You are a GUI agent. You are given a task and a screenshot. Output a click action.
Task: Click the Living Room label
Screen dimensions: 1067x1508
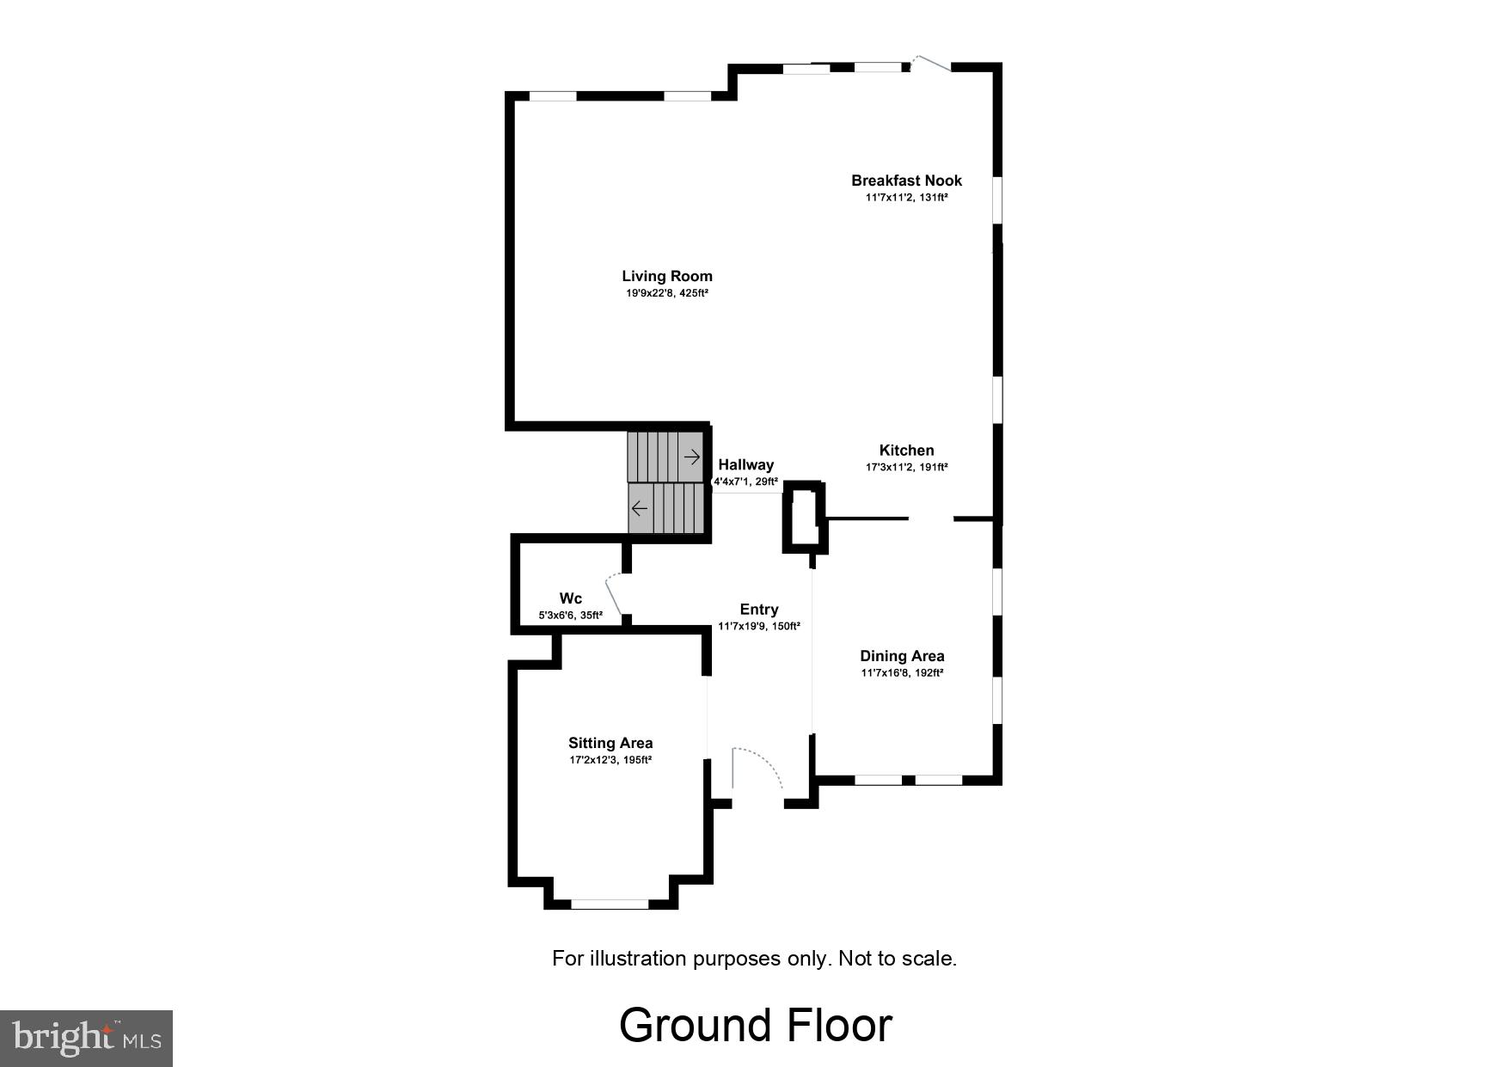[x=667, y=276]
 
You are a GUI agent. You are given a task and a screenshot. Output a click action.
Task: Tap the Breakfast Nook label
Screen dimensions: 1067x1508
[x=906, y=181]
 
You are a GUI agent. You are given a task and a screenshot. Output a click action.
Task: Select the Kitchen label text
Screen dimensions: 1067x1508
[x=906, y=451]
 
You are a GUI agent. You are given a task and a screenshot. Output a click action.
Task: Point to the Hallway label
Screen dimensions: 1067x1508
[x=745, y=465]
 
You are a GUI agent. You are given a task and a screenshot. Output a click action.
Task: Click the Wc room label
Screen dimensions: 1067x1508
[x=571, y=598]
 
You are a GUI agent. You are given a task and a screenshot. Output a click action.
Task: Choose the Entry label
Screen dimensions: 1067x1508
[x=758, y=610]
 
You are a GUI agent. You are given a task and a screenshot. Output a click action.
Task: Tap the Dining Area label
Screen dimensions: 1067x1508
[x=902, y=656]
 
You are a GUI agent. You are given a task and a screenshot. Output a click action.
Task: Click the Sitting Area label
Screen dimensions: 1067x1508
[x=610, y=743]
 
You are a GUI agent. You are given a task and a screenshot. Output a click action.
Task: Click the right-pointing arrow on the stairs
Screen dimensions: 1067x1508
[x=691, y=457]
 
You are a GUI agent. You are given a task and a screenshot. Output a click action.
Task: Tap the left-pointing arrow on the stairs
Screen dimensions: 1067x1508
[x=640, y=508]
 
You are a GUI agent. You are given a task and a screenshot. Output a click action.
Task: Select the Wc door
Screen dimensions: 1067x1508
[x=613, y=593]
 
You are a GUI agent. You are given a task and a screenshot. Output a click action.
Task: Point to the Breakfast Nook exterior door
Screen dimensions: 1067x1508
[x=930, y=64]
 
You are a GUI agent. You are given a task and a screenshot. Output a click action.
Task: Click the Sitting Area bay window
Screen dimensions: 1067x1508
[x=610, y=904]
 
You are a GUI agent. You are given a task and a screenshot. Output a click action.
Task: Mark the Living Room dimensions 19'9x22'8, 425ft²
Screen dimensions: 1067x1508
[x=667, y=293]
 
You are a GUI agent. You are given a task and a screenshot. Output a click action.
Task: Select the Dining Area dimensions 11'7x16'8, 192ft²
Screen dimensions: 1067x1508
[x=902, y=673]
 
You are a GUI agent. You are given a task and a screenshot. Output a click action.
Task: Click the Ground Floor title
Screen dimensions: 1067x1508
[x=755, y=1025]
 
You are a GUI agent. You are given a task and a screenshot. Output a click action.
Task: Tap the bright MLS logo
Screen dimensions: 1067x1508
[x=86, y=1038]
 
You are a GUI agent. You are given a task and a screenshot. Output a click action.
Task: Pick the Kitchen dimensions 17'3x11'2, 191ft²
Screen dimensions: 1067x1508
[x=906, y=468]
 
